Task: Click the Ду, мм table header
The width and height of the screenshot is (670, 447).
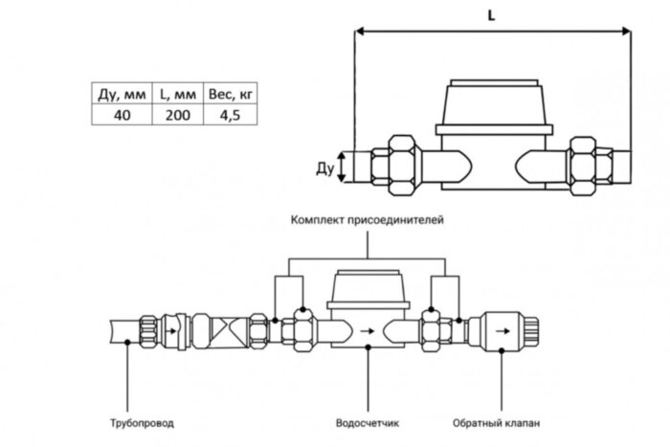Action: [x=122, y=93]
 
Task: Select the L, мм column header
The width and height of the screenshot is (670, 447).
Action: [x=177, y=93]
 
